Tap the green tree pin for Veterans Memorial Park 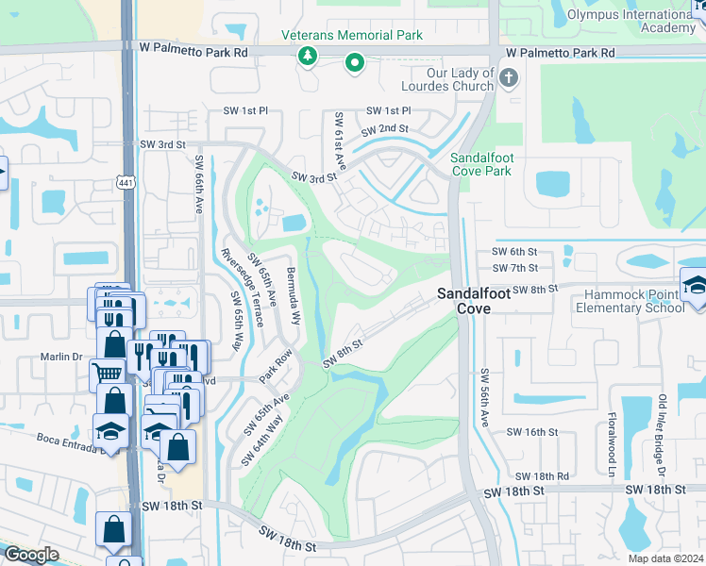(307, 58)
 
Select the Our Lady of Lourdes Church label (447, 80)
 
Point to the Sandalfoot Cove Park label (480, 163)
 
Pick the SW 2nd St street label (385, 128)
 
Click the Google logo (31, 555)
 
